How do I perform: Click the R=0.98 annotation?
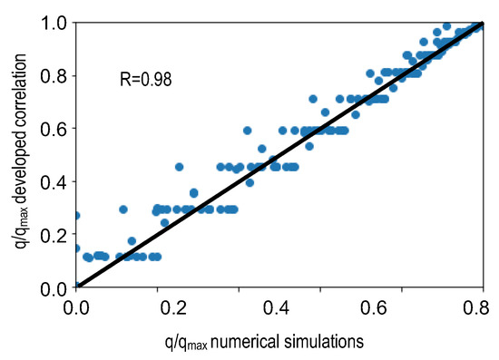click(x=146, y=79)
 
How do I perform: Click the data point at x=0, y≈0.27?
click(x=76, y=216)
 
